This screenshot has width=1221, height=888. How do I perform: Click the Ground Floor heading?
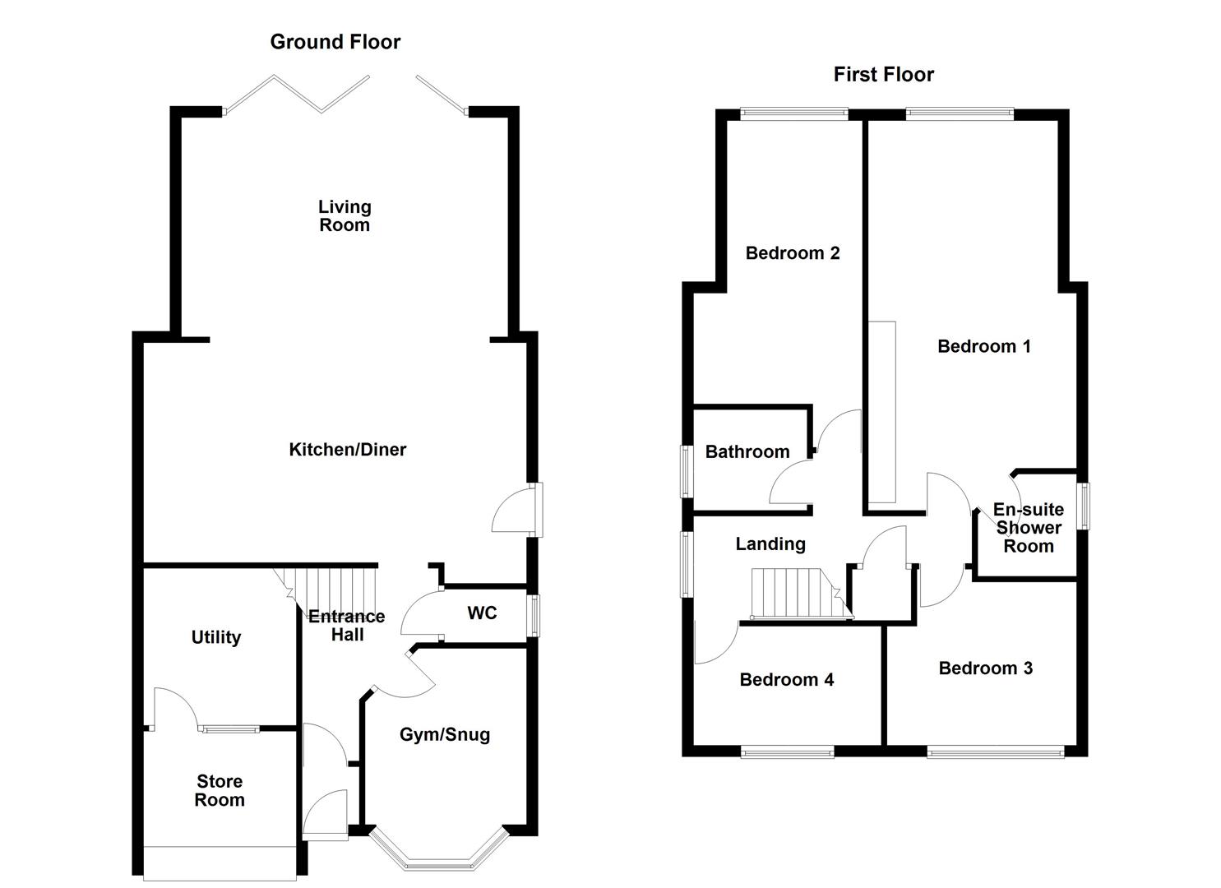335,42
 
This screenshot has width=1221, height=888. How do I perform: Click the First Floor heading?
883,75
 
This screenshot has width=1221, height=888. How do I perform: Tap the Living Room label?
345,216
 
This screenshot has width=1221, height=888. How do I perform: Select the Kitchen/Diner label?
347,450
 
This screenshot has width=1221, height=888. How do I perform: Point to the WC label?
482,613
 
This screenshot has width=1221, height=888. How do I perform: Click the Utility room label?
216,637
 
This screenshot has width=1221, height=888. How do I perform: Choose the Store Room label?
220,791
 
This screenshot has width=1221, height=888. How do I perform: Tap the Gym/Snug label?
445,735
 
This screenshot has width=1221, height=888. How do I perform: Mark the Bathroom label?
747,452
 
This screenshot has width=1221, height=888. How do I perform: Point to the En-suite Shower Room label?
1028,528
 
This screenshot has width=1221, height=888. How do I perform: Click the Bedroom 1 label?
983,347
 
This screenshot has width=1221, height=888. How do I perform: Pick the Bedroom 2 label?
793,253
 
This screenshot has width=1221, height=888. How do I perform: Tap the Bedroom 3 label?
985,668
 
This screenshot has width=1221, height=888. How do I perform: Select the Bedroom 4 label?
786,680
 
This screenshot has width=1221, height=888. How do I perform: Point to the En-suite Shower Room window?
1085,506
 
